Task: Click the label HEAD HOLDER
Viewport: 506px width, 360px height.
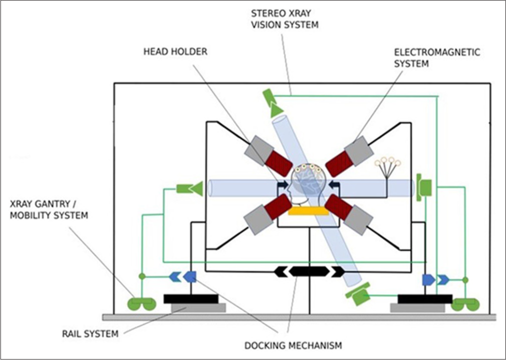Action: pos(175,51)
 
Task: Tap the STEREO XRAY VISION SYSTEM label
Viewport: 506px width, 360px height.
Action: pos(284,19)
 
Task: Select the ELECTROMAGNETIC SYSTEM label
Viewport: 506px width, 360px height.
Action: pos(437,57)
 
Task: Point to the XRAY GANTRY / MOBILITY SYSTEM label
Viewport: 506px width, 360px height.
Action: pos(48,209)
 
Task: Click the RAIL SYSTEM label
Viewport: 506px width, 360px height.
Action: pos(90,333)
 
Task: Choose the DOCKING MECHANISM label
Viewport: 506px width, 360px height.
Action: pos(293,345)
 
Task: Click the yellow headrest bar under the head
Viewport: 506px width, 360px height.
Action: pos(308,211)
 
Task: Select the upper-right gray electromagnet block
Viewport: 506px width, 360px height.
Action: pos(359,150)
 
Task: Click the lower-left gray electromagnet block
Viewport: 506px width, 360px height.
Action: pos(258,219)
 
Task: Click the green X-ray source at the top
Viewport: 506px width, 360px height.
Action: pos(271,103)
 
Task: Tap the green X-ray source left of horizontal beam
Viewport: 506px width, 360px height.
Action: pos(190,188)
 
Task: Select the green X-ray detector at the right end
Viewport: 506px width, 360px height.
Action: pos(423,187)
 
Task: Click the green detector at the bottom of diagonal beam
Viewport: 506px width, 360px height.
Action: pos(358,293)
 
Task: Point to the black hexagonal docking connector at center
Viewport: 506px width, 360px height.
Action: pos(309,271)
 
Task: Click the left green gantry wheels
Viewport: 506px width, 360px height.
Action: pos(141,303)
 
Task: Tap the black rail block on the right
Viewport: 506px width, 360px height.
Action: pos(424,298)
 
